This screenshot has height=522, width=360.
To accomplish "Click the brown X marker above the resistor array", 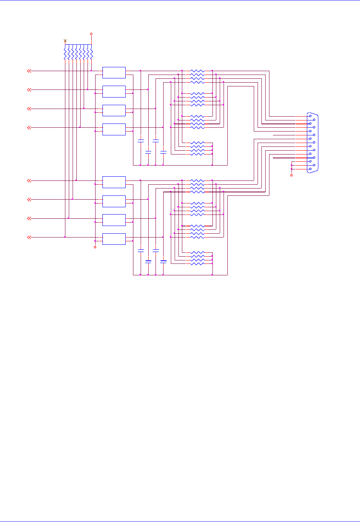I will click(65, 40).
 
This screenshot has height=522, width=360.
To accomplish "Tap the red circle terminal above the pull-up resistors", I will click(91, 34).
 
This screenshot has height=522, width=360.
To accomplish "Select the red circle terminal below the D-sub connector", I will click(292, 175).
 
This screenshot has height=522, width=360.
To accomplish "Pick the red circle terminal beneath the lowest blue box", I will click(95, 247).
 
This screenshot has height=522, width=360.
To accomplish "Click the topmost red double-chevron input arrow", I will click(29, 71).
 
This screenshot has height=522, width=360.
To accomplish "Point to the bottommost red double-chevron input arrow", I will click(29, 237).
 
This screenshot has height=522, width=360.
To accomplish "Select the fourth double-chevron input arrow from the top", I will click(29, 127).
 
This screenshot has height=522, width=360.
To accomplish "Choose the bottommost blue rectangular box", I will click(114, 239).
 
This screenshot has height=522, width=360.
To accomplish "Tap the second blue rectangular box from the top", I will click(114, 91).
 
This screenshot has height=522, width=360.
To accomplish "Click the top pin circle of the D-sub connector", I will click(310, 116).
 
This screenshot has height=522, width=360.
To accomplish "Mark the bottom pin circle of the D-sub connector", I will click(310, 169).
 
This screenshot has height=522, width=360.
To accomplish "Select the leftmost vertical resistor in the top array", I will click(65, 53).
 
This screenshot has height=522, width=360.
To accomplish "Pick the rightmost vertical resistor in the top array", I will click(92, 53).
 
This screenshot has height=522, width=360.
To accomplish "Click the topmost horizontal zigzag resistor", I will click(197, 71).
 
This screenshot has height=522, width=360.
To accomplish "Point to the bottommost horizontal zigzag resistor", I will click(197, 264).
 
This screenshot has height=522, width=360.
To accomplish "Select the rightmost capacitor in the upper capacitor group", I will click(163, 152).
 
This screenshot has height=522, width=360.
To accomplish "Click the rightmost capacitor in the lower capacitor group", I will click(163, 262).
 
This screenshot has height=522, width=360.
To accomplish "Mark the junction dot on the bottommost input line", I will click(65, 237).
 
